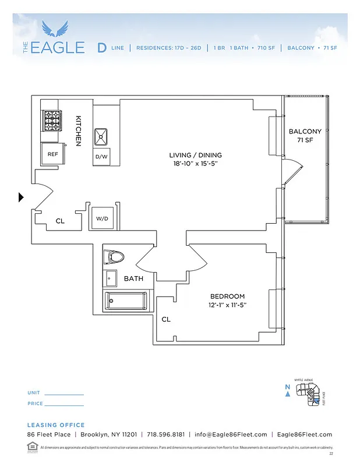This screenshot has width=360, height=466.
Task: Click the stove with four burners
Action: (x=52, y=121)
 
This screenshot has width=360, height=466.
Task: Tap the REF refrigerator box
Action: (x=52, y=154)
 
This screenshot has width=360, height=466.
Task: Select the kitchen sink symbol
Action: (x=101, y=136)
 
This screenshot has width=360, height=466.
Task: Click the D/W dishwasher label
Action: (x=101, y=157)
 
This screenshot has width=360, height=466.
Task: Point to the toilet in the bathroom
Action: (x=115, y=256)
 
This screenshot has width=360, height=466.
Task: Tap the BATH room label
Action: (x=133, y=279)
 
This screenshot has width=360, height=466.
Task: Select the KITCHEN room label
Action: (x=78, y=130)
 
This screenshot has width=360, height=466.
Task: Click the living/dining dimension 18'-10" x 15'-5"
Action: (x=195, y=164)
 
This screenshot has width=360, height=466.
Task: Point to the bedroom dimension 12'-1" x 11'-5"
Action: (x=227, y=305)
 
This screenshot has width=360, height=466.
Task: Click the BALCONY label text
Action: (x=305, y=132)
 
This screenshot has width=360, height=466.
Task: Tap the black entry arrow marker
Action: (x=21, y=197)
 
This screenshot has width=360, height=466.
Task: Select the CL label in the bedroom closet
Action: (x=166, y=319)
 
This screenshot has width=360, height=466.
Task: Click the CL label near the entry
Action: (x=60, y=221)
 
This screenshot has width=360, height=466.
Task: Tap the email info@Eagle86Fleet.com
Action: (x=231, y=435)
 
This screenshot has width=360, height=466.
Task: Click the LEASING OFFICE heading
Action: (x=56, y=425)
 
